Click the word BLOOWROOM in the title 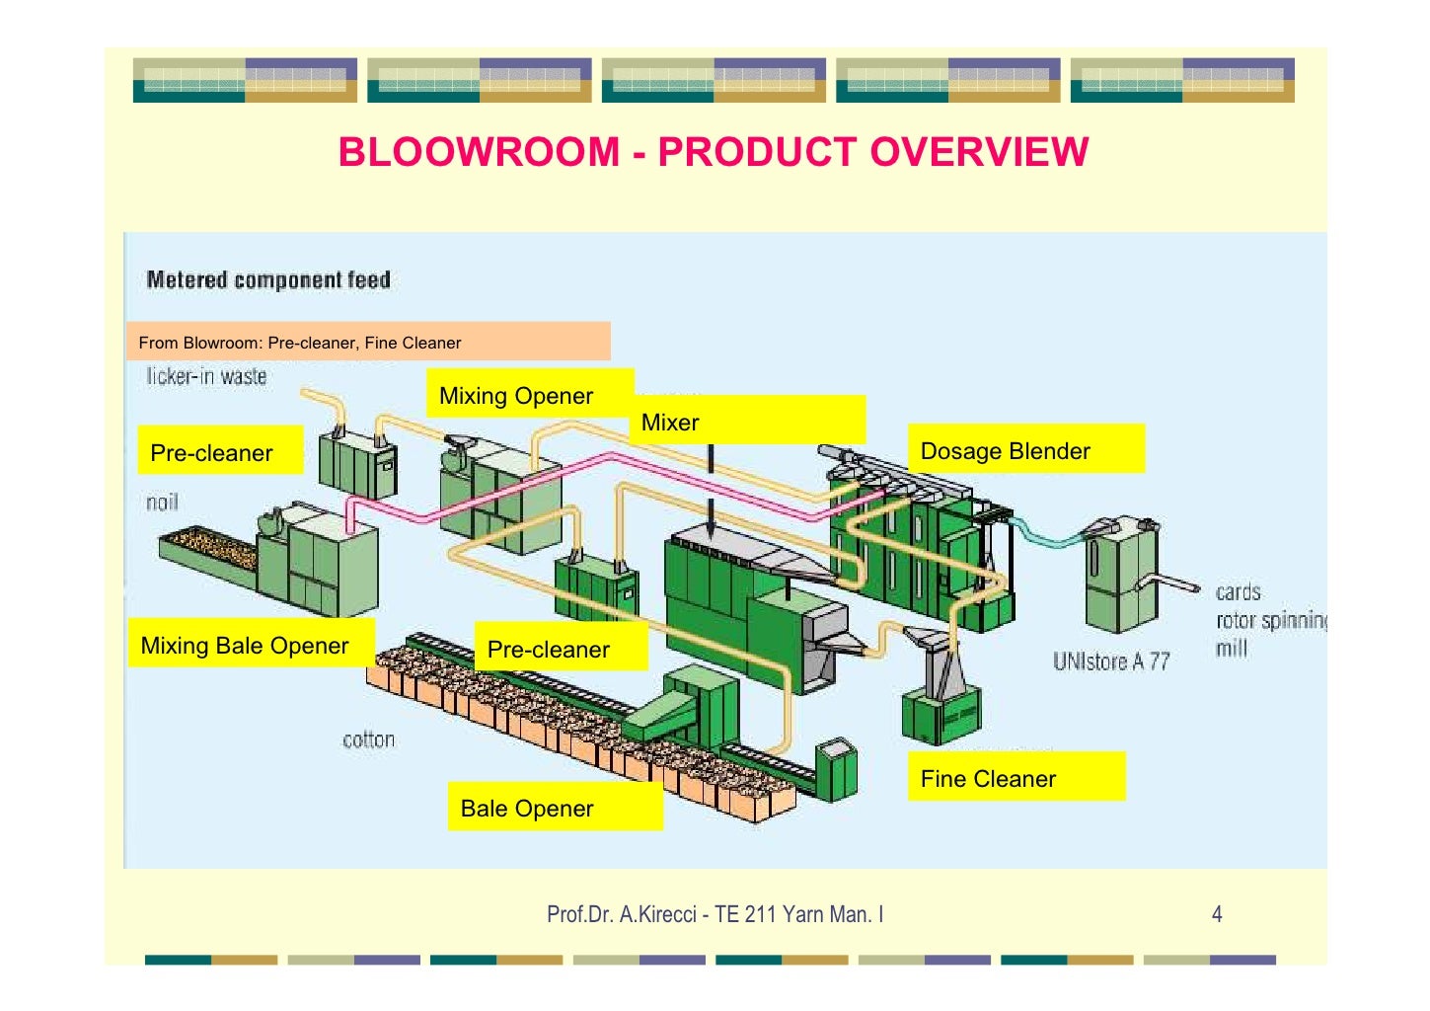pyautogui.click(x=479, y=152)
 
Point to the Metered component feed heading pyautogui.click(x=268, y=280)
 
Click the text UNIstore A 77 pyautogui.click(x=1110, y=661)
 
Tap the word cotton pyautogui.click(x=368, y=739)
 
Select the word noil pyautogui.click(x=162, y=503)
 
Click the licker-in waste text pyautogui.click(x=206, y=376)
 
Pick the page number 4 pyautogui.click(x=1216, y=914)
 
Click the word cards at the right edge pyautogui.click(x=1238, y=592)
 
